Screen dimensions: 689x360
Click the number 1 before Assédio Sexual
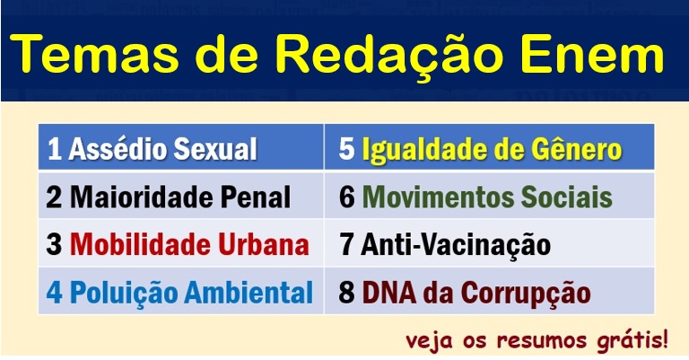click(54, 148)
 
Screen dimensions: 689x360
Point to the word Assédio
click(117, 148)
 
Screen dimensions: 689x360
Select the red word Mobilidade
click(140, 244)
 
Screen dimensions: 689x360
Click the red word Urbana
click(264, 244)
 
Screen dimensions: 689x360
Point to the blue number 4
click(54, 293)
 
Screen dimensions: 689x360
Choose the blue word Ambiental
click(249, 293)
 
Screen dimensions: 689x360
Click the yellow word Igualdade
click(423, 149)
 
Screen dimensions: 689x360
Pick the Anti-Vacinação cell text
click(456, 244)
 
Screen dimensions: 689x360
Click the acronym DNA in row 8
click(388, 293)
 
